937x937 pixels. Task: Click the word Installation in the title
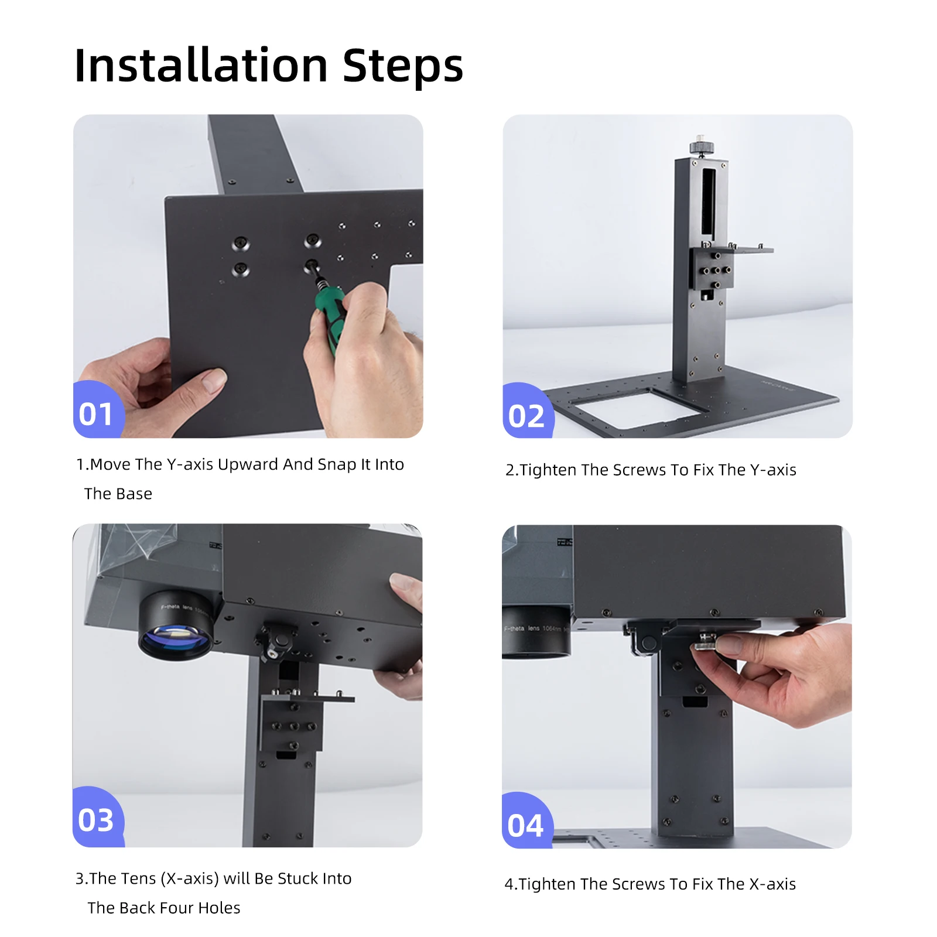click(201, 66)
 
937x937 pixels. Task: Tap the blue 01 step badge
click(96, 413)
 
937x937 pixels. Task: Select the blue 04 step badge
click(525, 825)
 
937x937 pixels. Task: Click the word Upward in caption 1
click(248, 464)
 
